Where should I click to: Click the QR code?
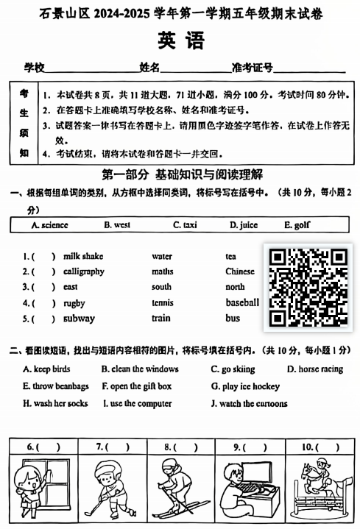(308, 286)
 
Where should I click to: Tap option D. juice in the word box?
(243, 225)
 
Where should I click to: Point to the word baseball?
(242, 302)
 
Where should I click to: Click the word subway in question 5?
(79, 319)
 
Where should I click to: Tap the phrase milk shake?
(83, 256)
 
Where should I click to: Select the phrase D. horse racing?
(315, 369)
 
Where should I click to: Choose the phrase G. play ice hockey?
(245, 386)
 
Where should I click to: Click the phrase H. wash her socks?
(55, 403)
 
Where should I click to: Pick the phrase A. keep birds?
(46, 369)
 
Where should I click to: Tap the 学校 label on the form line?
(34, 68)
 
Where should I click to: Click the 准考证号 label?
(252, 68)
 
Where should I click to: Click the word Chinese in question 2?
(240, 271)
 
